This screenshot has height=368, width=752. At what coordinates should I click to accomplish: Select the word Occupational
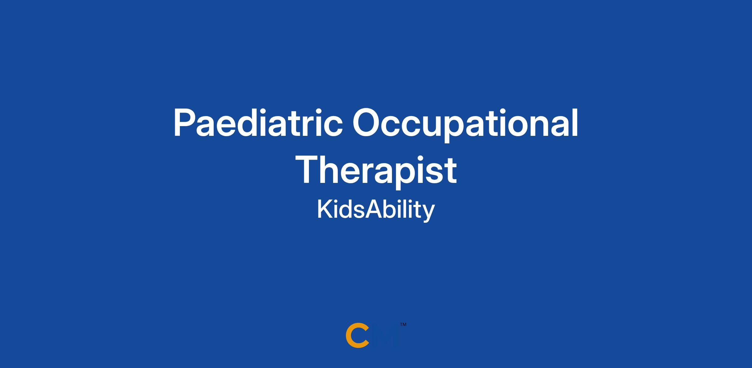(x=465, y=125)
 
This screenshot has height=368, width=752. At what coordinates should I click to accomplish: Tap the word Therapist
(x=376, y=172)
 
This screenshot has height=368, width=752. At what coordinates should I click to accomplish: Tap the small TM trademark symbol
(x=403, y=324)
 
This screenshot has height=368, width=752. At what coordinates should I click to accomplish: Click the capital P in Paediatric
(x=185, y=123)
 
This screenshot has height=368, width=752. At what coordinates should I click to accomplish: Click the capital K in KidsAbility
(x=325, y=210)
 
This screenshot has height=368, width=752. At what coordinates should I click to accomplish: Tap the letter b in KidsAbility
(x=390, y=209)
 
